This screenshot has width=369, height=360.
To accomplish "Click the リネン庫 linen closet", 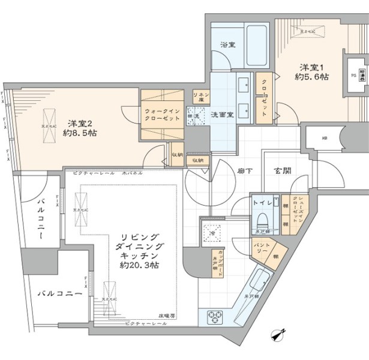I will [x=200, y=97].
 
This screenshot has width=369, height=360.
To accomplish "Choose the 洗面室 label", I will [x=221, y=114].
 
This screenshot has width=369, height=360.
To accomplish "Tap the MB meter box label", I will [x=325, y=139].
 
